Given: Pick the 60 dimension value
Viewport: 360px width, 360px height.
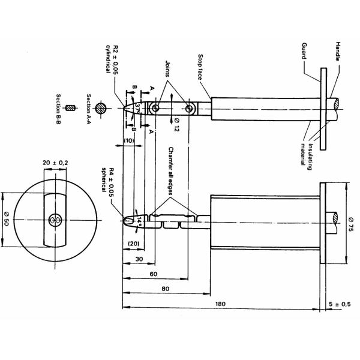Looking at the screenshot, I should pyautogui.click(x=153, y=274).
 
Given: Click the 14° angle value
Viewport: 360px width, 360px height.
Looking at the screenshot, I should pyautogui.click(x=139, y=221).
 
